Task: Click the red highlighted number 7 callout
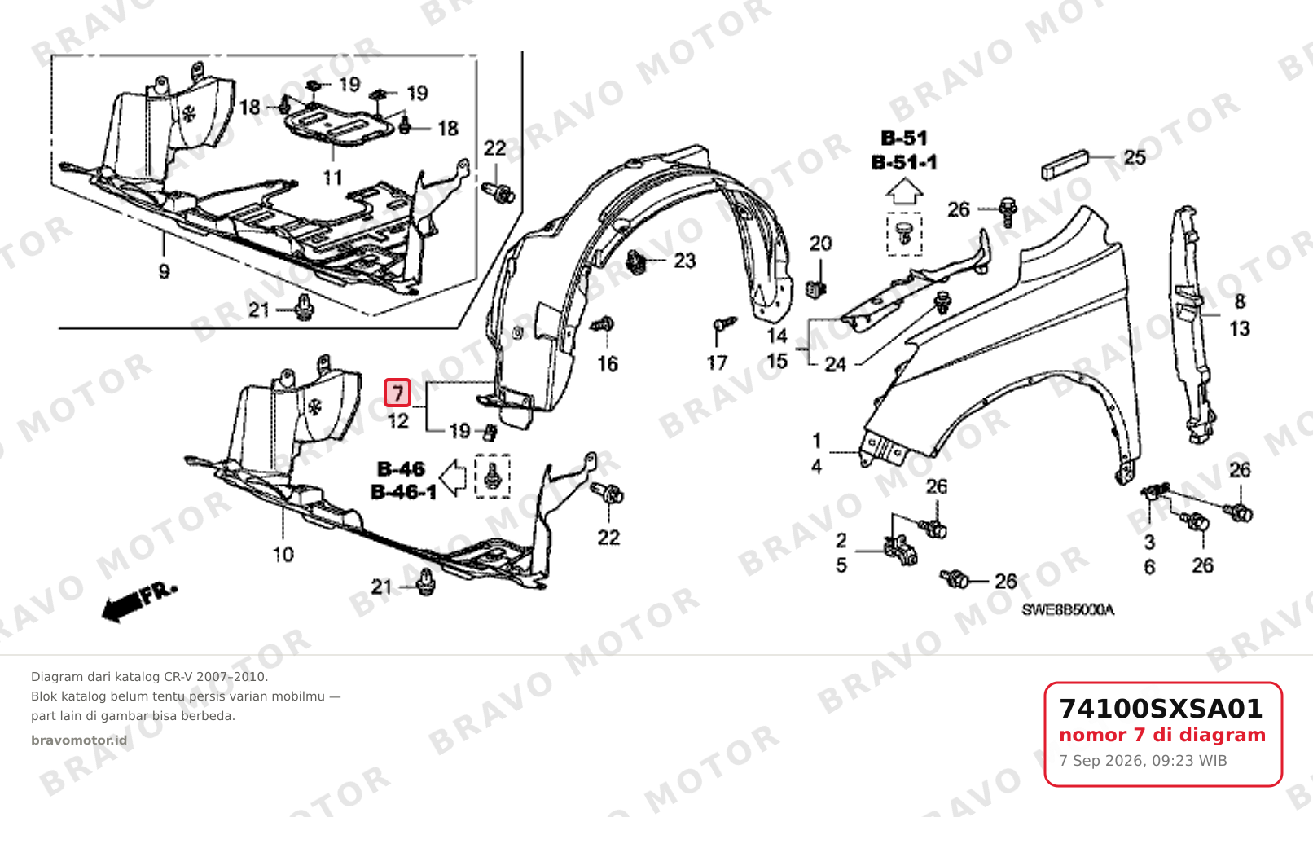pos(397,393)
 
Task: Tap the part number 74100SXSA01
pos(1161,709)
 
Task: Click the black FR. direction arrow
pos(139,603)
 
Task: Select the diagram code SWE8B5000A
pos(1068,610)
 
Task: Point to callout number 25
pos(1135,157)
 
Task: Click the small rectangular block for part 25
pos(1065,165)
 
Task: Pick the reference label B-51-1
pos(904,162)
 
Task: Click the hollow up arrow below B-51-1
pos(904,191)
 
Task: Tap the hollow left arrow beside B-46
pos(453,477)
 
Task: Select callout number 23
pos(685,260)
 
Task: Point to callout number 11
pos(333,177)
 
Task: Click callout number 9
pos(165,271)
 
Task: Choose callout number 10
pos(283,555)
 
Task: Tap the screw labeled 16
pos(602,324)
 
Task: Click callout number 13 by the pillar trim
pos(1240,329)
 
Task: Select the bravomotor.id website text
pos(79,740)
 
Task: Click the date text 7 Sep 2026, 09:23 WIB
pos(1143,761)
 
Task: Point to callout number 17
pos(717,363)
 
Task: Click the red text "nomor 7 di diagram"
pos(1162,735)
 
